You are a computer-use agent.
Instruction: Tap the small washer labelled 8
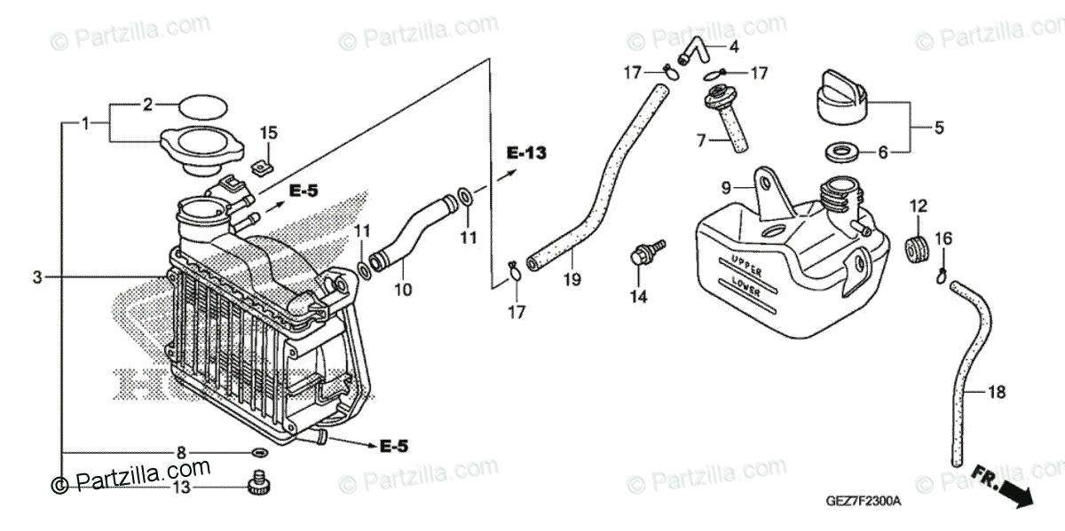coord(258,453)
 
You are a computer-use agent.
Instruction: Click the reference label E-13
coord(527,152)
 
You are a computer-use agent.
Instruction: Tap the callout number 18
coord(997,391)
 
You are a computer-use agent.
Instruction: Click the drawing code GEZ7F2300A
coord(865,501)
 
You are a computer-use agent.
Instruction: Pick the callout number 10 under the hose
coord(403,289)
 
